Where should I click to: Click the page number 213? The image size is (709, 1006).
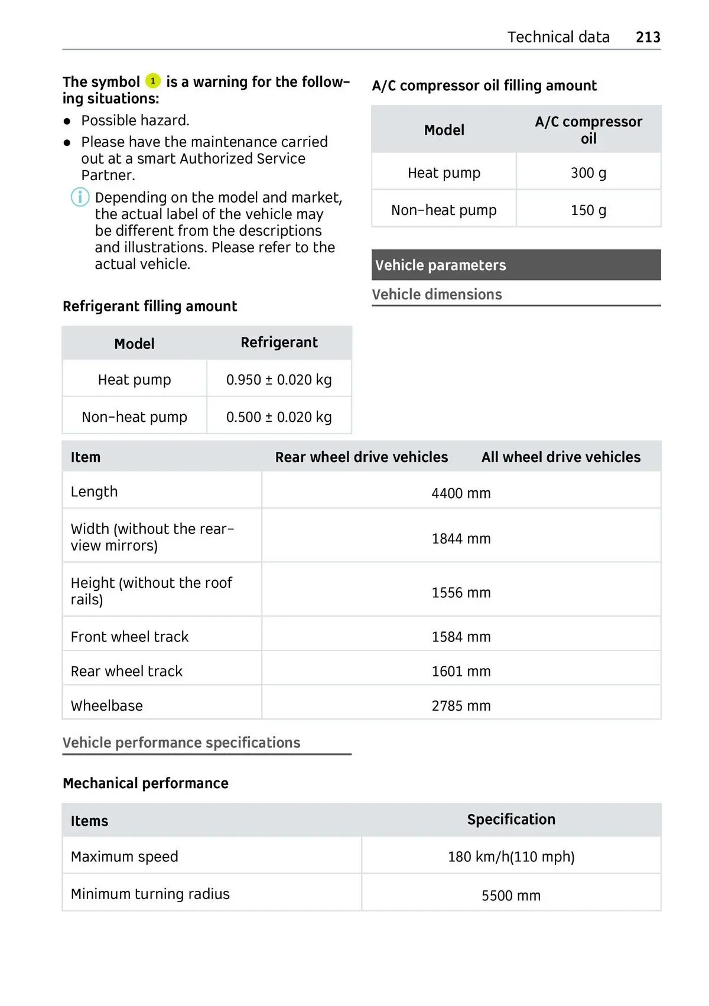[x=648, y=37]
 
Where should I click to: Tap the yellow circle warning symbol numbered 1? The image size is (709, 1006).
[x=153, y=81]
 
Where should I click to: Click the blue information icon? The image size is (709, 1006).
[x=80, y=197]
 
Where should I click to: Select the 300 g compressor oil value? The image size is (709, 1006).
[x=588, y=172]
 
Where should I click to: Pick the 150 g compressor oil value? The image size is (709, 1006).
[x=588, y=210]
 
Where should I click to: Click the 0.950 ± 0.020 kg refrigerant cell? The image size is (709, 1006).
[x=279, y=380]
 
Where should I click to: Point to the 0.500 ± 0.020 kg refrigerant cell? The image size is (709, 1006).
[x=279, y=417]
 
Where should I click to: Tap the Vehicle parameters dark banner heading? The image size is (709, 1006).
[x=441, y=265]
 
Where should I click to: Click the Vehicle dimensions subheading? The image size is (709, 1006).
[x=437, y=294]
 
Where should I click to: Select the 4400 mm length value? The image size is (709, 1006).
[x=461, y=493]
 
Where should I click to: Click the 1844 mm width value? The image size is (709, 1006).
[x=461, y=539]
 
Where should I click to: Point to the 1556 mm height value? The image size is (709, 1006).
[x=461, y=592]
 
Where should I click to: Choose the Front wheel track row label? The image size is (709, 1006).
[x=129, y=637]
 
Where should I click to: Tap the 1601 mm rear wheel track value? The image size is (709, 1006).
[x=461, y=672]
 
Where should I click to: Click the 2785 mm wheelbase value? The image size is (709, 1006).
[x=461, y=706]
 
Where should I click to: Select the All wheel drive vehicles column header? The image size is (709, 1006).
[x=561, y=457]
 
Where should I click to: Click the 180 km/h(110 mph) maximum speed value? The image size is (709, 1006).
[x=511, y=857]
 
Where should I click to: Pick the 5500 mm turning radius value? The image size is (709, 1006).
[x=511, y=896]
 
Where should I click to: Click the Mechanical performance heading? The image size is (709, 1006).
[x=145, y=783]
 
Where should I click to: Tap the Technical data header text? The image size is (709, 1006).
[x=558, y=37]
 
